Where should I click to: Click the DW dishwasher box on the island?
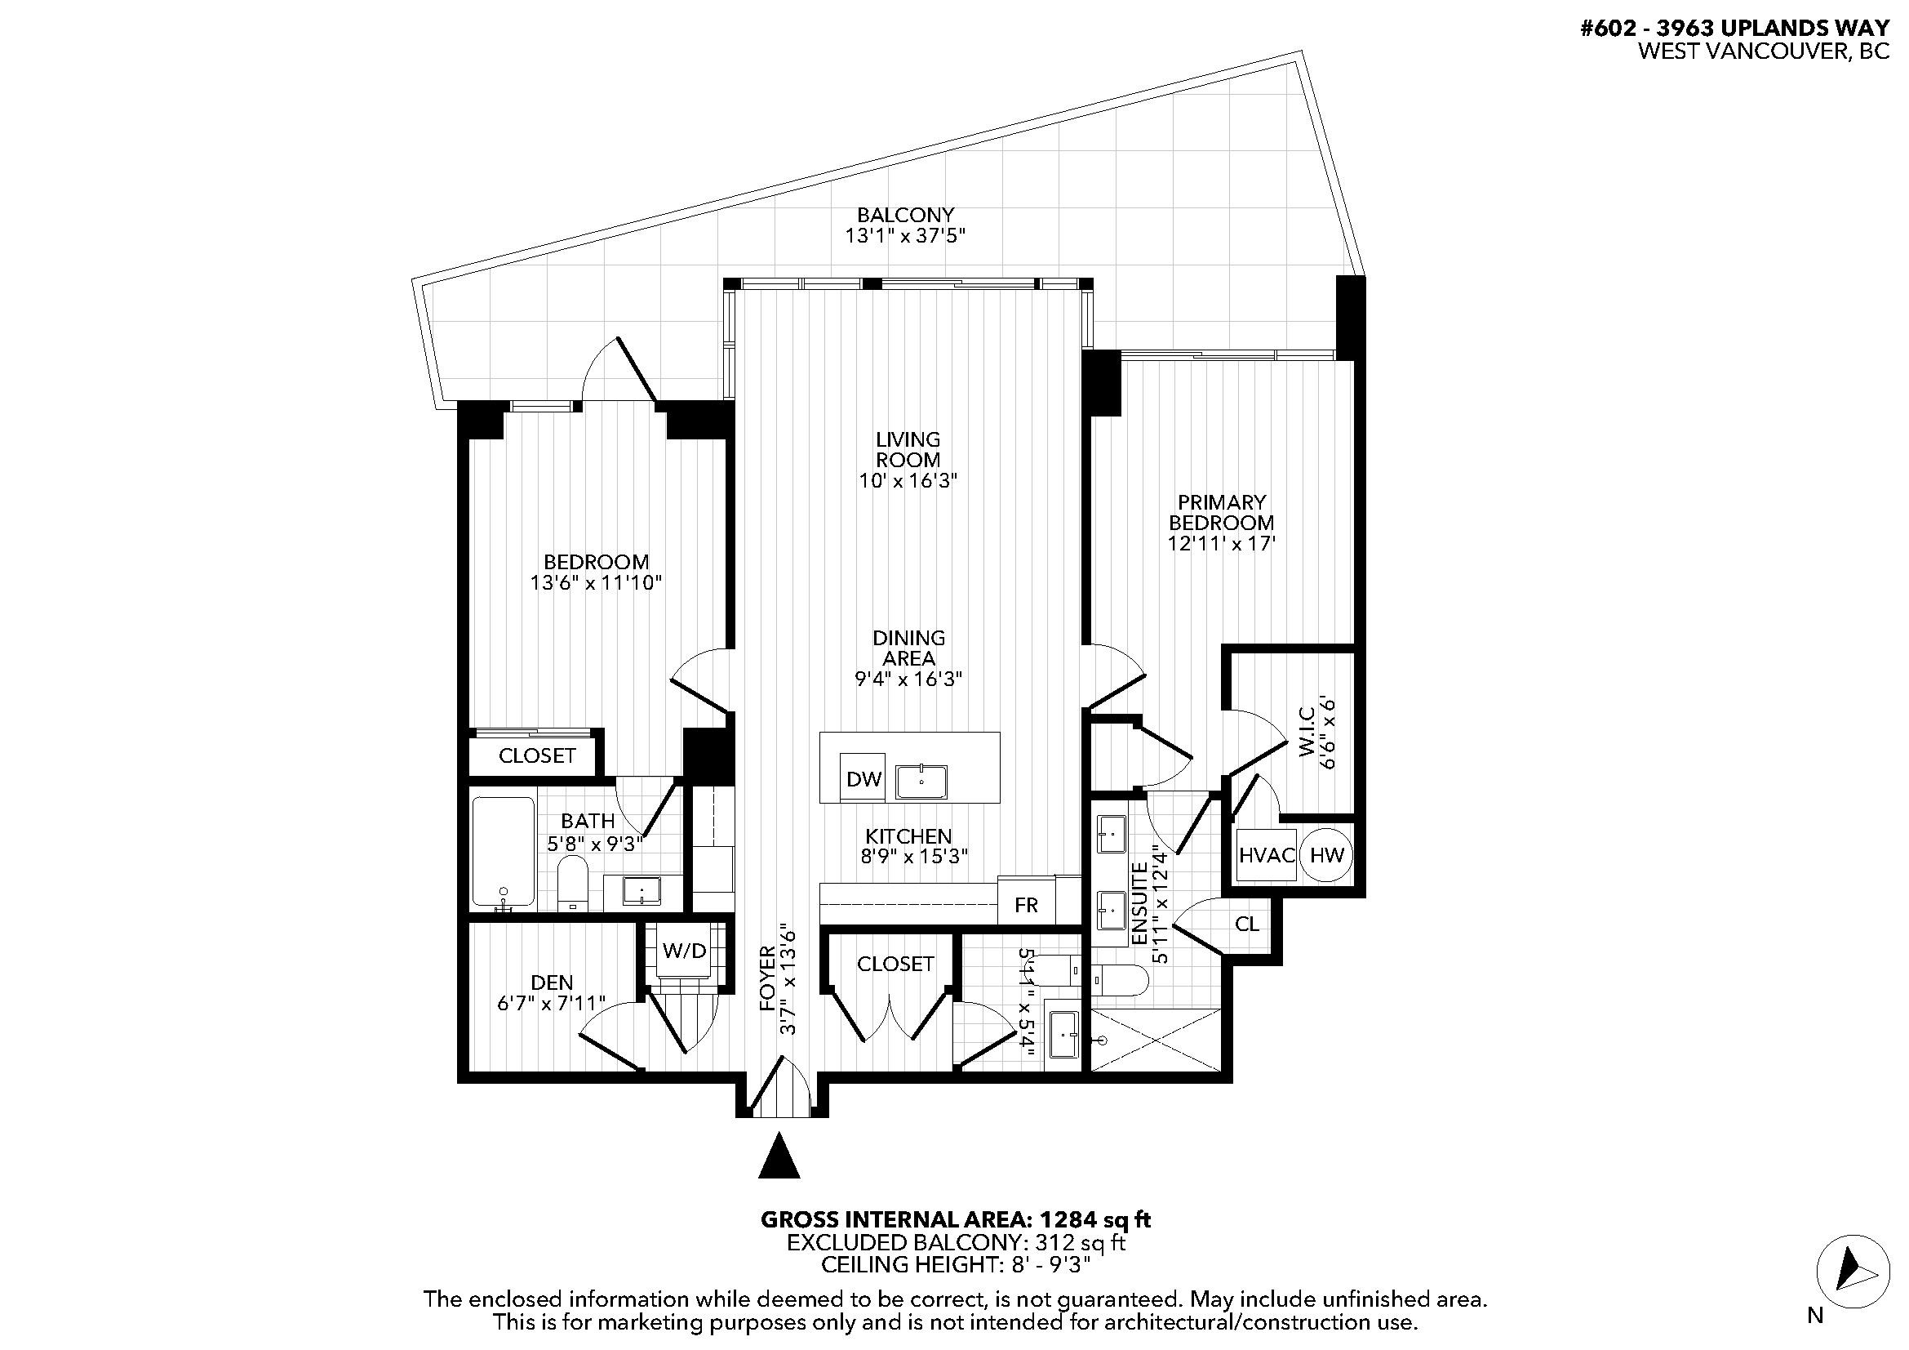tap(863, 778)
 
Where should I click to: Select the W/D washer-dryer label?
tap(684, 951)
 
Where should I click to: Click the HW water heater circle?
tap(1326, 855)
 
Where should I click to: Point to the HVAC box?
tap(1267, 855)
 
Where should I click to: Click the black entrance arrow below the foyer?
tap(779, 1157)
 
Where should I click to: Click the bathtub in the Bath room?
tap(503, 852)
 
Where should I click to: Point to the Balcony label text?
tap(905, 216)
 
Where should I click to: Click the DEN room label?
tap(552, 982)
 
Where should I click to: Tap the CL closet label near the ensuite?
tap(1246, 925)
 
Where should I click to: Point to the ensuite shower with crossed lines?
tap(1156, 1040)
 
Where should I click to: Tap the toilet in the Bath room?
tap(572, 885)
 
